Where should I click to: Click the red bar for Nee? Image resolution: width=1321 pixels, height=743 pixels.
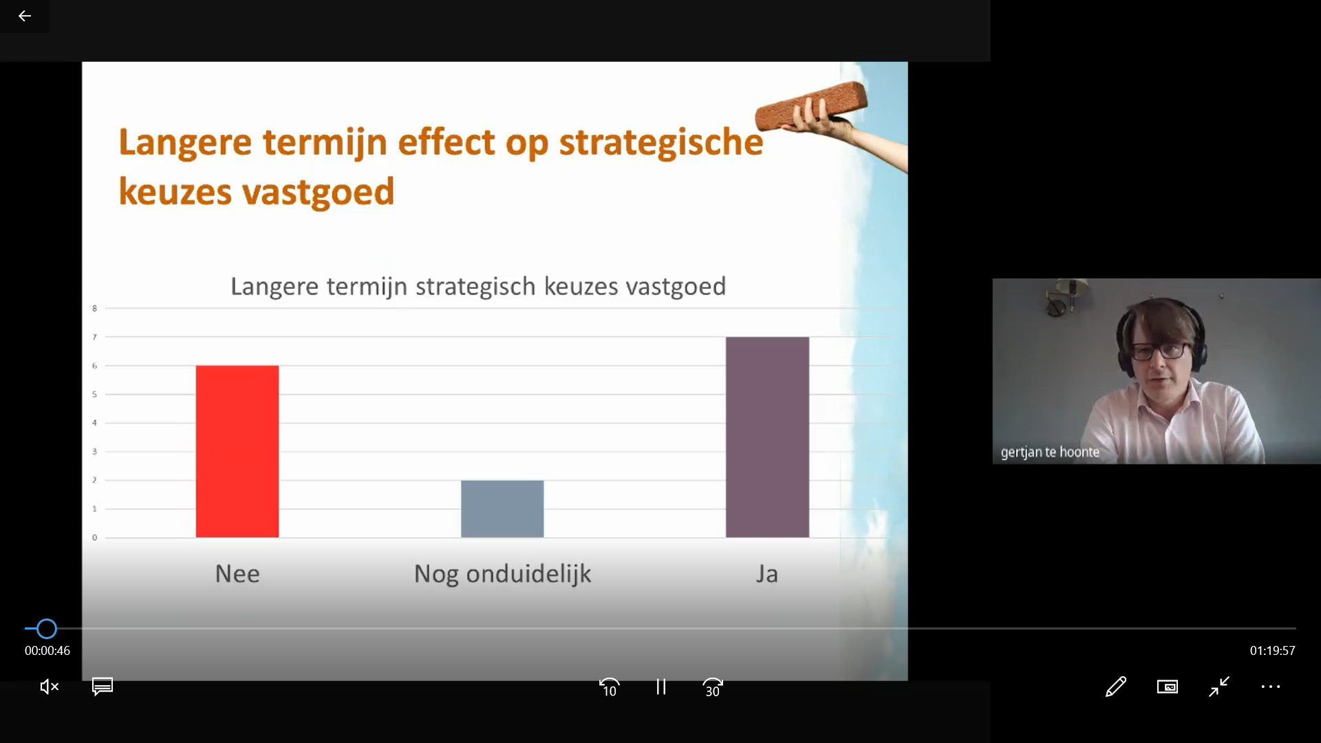click(x=237, y=451)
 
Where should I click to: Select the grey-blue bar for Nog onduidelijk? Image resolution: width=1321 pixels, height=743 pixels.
click(x=502, y=508)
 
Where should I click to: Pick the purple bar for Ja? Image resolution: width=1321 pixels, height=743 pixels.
click(x=767, y=437)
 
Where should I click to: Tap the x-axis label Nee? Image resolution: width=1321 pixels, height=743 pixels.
click(x=237, y=574)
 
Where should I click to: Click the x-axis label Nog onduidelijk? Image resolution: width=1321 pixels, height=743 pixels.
click(x=502, y=574)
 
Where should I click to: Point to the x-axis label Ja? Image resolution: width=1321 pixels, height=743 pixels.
click(x=767, y=574)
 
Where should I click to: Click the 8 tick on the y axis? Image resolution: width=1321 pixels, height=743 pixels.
click(x=95, y=308)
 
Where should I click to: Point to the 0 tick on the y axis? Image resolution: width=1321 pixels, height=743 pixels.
click(x=95, y=537)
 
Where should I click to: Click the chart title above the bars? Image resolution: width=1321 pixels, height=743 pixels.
click(x=478, y=286)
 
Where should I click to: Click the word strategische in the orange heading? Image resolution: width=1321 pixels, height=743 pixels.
click(x=661, y=143)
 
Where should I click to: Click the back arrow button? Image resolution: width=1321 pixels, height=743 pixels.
click(x=25, y=16)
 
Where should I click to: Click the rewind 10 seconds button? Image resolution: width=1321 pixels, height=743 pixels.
click(x=610, y=687)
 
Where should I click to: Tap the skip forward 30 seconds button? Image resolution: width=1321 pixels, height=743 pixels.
click(x=712, y=687)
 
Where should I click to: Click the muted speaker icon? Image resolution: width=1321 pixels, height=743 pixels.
click(x=50, y=687)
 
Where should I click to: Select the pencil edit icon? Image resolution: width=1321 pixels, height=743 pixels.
click(x=1116, y=687)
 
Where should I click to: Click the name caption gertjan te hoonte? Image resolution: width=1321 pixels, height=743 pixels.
click(x=1050, y=452)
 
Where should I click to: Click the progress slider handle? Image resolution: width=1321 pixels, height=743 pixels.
click(x=47, y=629)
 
